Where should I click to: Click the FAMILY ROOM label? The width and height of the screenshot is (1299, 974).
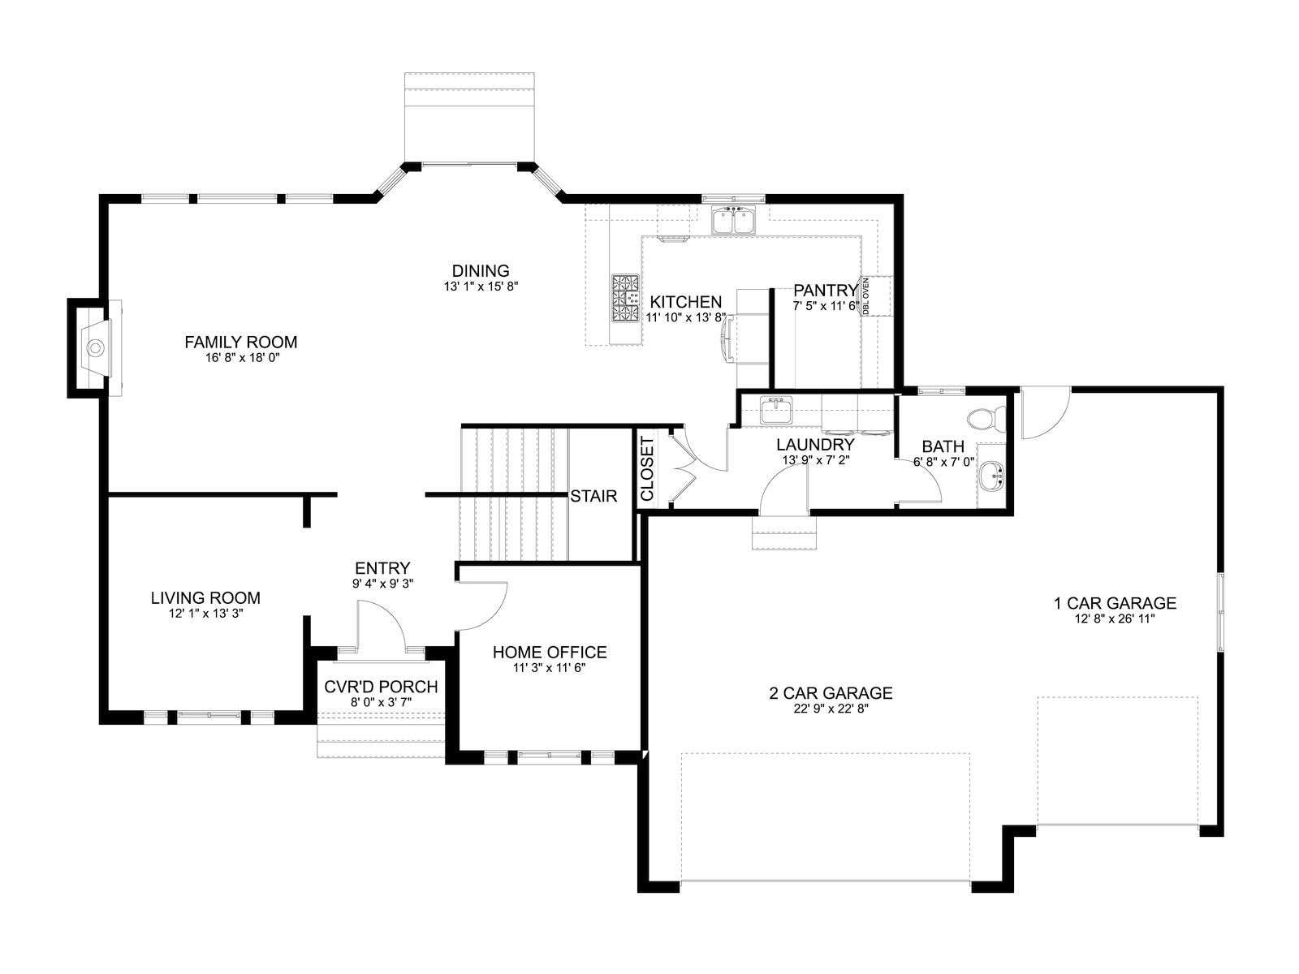pyautogui.click(x=241, y=342)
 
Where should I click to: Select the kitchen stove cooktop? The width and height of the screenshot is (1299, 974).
pyautogui.click(x=625, y=298)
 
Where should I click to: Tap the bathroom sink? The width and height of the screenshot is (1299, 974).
pyautogui.click(x=990, y=476)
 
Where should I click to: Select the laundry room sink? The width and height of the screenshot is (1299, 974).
pyautogui.click(x=776, y=410)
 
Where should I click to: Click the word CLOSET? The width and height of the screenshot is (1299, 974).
pyautogui.click(x=647, y=469)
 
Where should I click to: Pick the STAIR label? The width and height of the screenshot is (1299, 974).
pyautogui.click(x=593, y=496)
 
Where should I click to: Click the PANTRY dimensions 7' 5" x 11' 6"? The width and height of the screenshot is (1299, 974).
pyautogui.click(x=826, y=306)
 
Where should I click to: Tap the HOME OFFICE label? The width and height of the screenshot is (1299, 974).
pyautogui.click(x=550, y=653)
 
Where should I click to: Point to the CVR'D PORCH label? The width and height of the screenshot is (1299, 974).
pyautogui.click(x=381, y=687)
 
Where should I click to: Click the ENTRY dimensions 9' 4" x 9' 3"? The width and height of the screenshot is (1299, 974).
pyautogui.click(x=382, y=583)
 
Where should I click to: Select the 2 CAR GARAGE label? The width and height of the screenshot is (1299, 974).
pyautogui.click(x=831, y=692)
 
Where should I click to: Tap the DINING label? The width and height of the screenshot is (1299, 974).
pyautogui.click(x=481, y=271)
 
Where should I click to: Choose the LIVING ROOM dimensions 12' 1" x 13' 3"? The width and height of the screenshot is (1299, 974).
pyautogui.click(x=206, y=614)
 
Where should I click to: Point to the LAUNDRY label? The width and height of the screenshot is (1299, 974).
pyautogui.click(x=815, y=444)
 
